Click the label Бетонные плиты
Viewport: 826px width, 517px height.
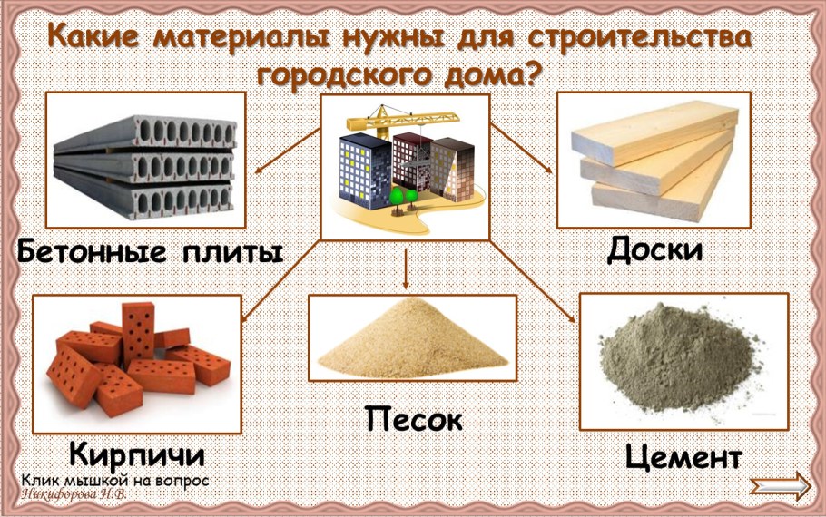150,251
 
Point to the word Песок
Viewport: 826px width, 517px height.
414,419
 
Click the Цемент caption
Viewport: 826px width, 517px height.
683,455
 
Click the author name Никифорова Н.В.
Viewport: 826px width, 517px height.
73,495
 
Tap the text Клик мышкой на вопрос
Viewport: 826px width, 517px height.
114,480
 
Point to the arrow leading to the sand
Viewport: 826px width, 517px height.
405,267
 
